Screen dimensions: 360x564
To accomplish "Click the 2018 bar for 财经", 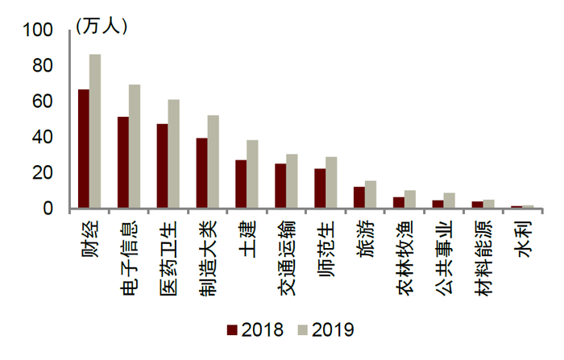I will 84,149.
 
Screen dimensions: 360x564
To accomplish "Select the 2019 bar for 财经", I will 95,132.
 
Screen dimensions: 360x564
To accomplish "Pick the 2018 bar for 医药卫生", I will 162,167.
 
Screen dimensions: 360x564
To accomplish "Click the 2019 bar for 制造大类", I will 213,162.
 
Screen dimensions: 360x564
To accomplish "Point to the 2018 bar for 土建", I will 241,184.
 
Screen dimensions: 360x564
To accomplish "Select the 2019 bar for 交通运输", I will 292,181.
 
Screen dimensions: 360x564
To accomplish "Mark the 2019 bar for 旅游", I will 371,195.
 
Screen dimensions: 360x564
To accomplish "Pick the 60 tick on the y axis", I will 44,101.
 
